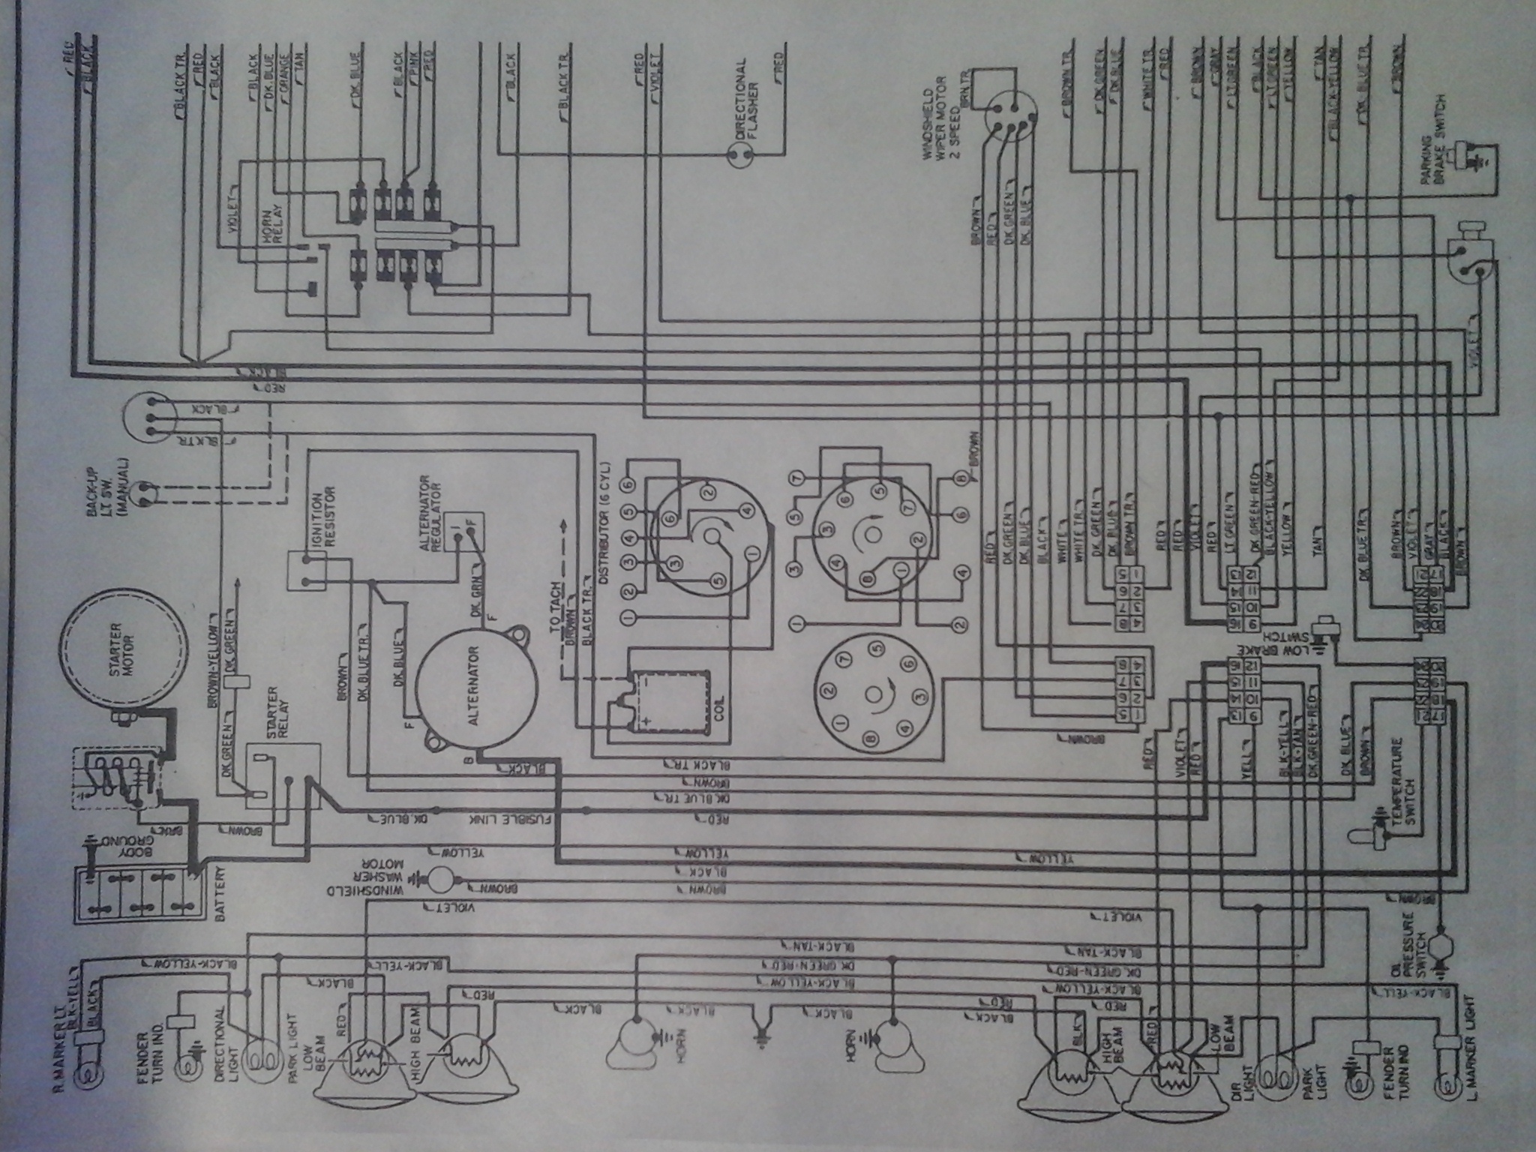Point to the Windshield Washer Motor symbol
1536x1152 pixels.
tap(442, 877)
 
